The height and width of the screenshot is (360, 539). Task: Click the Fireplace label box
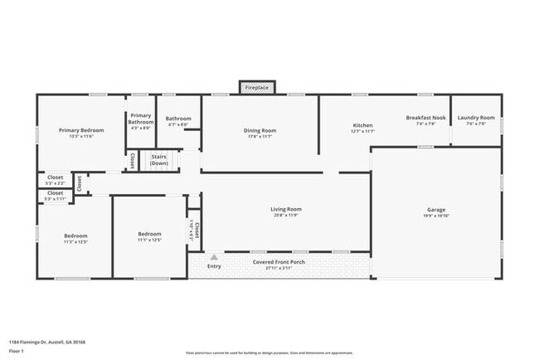[258, 86]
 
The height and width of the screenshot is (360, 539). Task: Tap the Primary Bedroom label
[80, 130]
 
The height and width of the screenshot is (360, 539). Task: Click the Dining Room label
[260, 130]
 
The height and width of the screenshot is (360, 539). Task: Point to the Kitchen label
[363, 125]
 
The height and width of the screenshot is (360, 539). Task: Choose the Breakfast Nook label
[426, 118]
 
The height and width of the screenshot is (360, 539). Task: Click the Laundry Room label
[476, 118]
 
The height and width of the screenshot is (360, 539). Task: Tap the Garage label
[436, 210]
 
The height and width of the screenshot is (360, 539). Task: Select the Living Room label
[286, 209]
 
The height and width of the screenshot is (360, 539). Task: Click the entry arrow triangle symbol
[214, 257]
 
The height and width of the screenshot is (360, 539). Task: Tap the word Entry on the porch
[214, 266]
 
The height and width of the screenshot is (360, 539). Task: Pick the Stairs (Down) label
[159, 159]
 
